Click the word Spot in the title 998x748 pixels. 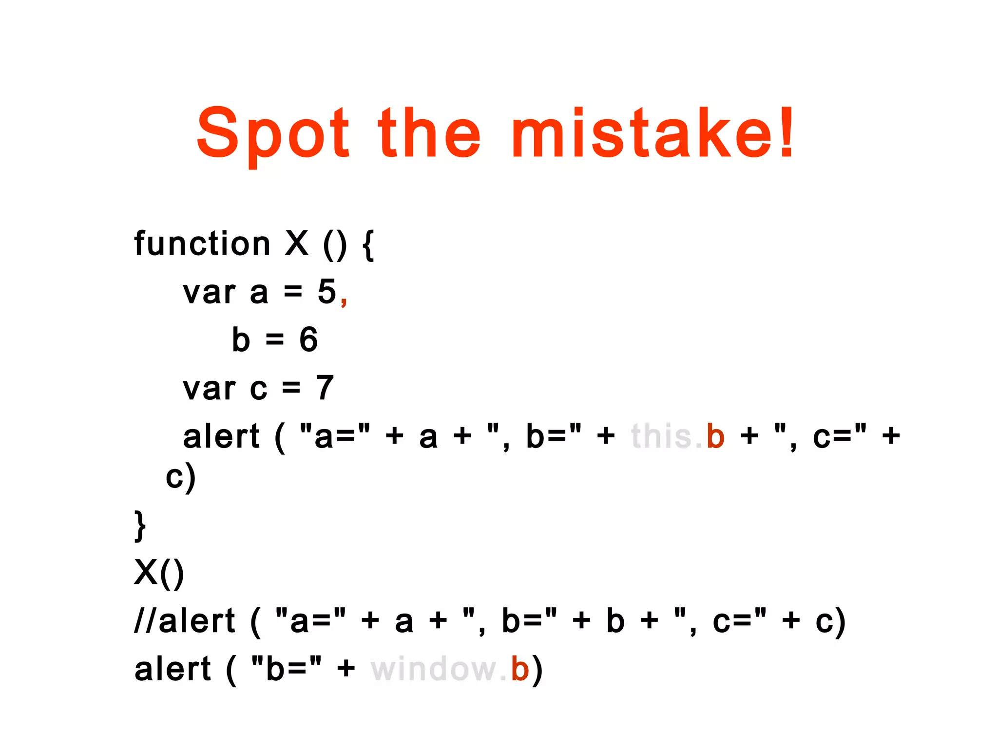[273, 134]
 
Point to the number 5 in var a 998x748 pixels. [327, 292]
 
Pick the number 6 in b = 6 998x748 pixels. [308, 339]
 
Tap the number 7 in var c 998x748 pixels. [325, 388]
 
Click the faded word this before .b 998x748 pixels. [662, 435]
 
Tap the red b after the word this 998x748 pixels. [715, 435]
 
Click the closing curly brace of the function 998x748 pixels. [140, 526]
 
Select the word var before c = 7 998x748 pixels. [209, 389]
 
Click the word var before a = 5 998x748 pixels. [209, 293]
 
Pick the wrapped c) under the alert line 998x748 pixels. [181, 478]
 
